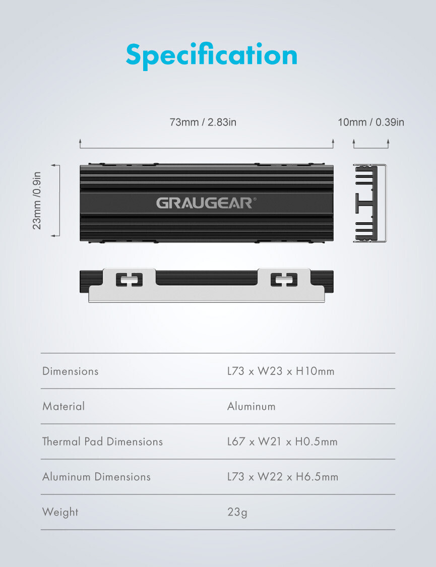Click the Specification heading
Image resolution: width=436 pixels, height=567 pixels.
click(x=212, y=55)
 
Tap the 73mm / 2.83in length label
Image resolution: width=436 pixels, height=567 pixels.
click(x=203, y=122)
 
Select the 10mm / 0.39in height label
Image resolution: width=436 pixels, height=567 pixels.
click(x=371, y=122)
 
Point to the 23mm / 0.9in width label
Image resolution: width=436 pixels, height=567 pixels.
click(x=37, y=200)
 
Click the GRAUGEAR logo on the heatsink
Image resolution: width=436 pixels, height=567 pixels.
click(x=205, y=203)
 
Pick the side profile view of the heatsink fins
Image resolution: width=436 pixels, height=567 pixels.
click(x=370, y=203)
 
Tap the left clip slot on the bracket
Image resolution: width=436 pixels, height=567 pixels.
click(x=129, y=280)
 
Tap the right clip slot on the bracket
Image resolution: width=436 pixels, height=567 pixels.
click(x=284, y=280)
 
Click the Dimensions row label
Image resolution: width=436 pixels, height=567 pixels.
click(x=70, y=371)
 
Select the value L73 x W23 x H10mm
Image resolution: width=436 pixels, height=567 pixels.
click(x=281, y=371)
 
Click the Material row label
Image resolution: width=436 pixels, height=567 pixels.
click(x=64, y=406)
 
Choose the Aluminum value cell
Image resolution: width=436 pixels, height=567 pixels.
click(x=251, y=406)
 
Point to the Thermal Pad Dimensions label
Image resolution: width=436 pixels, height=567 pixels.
click(x=102, y=441)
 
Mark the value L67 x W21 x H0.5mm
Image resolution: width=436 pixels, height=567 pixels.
click(x=282, y=441)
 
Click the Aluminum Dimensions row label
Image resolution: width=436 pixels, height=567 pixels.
click(x=96, y=477)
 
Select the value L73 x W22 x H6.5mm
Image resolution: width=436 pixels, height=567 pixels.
click(x=283, y=477)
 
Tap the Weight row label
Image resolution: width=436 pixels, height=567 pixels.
click(x=60, y=512)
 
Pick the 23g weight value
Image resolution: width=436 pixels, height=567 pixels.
click(x=237, y=512)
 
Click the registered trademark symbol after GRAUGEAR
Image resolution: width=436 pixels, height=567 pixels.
click(x=255, y=199)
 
